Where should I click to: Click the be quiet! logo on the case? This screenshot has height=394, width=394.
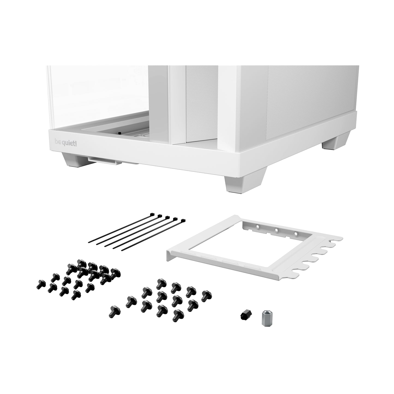tap(66, 142)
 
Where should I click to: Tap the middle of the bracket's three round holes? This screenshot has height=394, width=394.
tap(276, 230)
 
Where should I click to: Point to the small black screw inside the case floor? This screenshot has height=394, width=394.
tap(119, 133)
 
